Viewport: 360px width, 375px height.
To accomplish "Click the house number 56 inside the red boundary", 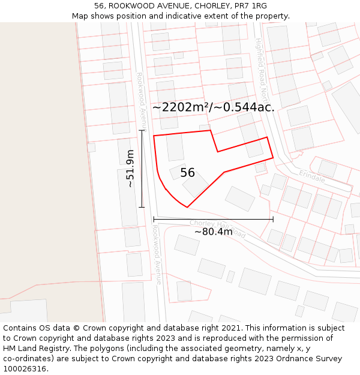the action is coord(187,173).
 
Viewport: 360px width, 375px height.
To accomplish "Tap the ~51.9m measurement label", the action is coord(130,169).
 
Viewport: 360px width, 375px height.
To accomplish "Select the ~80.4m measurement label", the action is coord(213,232).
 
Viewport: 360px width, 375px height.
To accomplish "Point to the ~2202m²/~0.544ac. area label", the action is coord(213,107).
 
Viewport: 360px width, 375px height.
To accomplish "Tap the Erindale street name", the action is coord(312,176).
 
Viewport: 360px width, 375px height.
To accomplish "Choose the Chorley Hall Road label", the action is coord(218,229).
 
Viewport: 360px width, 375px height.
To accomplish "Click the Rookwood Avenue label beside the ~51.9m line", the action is coord(141,102).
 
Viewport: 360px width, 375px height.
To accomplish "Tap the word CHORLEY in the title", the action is coord(203,6).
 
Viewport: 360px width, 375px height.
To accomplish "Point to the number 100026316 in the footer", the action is coord(24,369).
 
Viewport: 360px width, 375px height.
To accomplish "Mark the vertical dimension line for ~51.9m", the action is coord(142,169).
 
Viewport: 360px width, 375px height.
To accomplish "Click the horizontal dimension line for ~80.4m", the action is coord(213,219).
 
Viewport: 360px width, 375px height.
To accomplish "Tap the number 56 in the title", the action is coord(99,6).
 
